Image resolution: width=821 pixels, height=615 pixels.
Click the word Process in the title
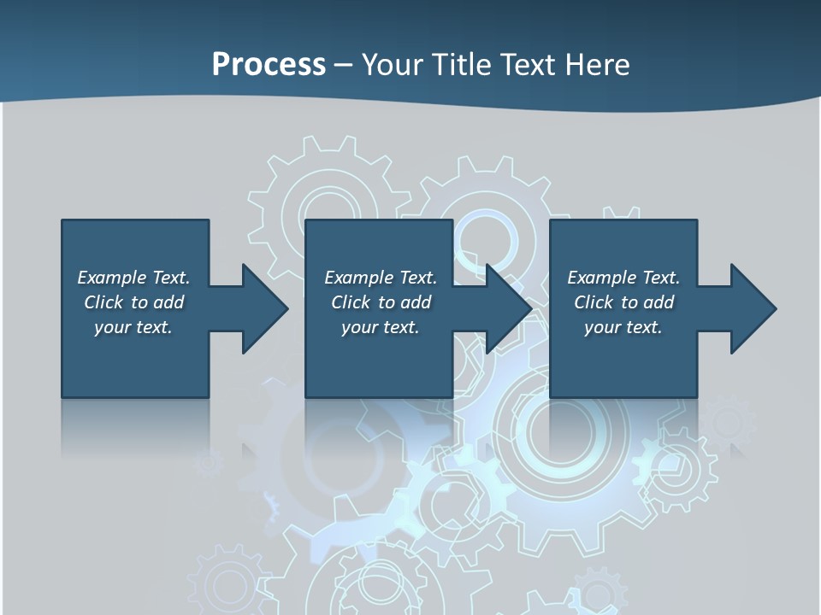[269, 65]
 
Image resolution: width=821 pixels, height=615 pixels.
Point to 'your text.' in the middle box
[380, 327]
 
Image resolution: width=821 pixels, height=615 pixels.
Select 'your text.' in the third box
[623, 327]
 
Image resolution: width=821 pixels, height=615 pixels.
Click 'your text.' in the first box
[133, 327]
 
